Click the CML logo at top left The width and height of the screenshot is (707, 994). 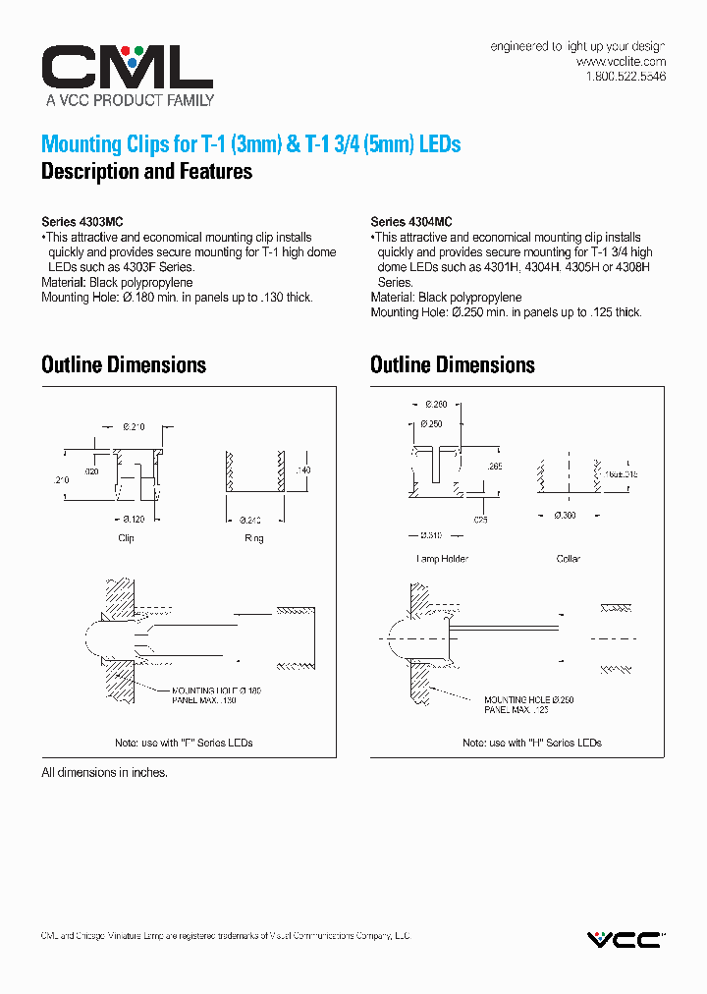(x=127, y=67)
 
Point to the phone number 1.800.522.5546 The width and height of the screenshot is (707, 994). (x=625, y=77)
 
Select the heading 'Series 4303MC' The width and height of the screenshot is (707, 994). (x=82, y=222)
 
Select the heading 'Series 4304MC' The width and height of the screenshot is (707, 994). (x=410, y=222)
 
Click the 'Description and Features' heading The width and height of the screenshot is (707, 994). (x=146, y=172)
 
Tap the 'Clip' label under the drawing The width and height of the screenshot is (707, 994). (x=126, y=538)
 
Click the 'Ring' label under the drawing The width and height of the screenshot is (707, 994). (x=253, y=538)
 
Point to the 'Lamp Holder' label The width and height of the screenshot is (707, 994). (x=442, y=559)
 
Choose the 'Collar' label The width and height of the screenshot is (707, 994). (x=568, y=559)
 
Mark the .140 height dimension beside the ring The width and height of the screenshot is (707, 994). (x=302, y=471)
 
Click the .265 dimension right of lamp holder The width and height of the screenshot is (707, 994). (x=495, y=467)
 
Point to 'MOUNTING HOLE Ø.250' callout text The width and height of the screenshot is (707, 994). (x=529, y=699)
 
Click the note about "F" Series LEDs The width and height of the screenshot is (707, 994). (x=184, y=743)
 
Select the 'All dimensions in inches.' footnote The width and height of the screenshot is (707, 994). (x=104, y=773)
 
